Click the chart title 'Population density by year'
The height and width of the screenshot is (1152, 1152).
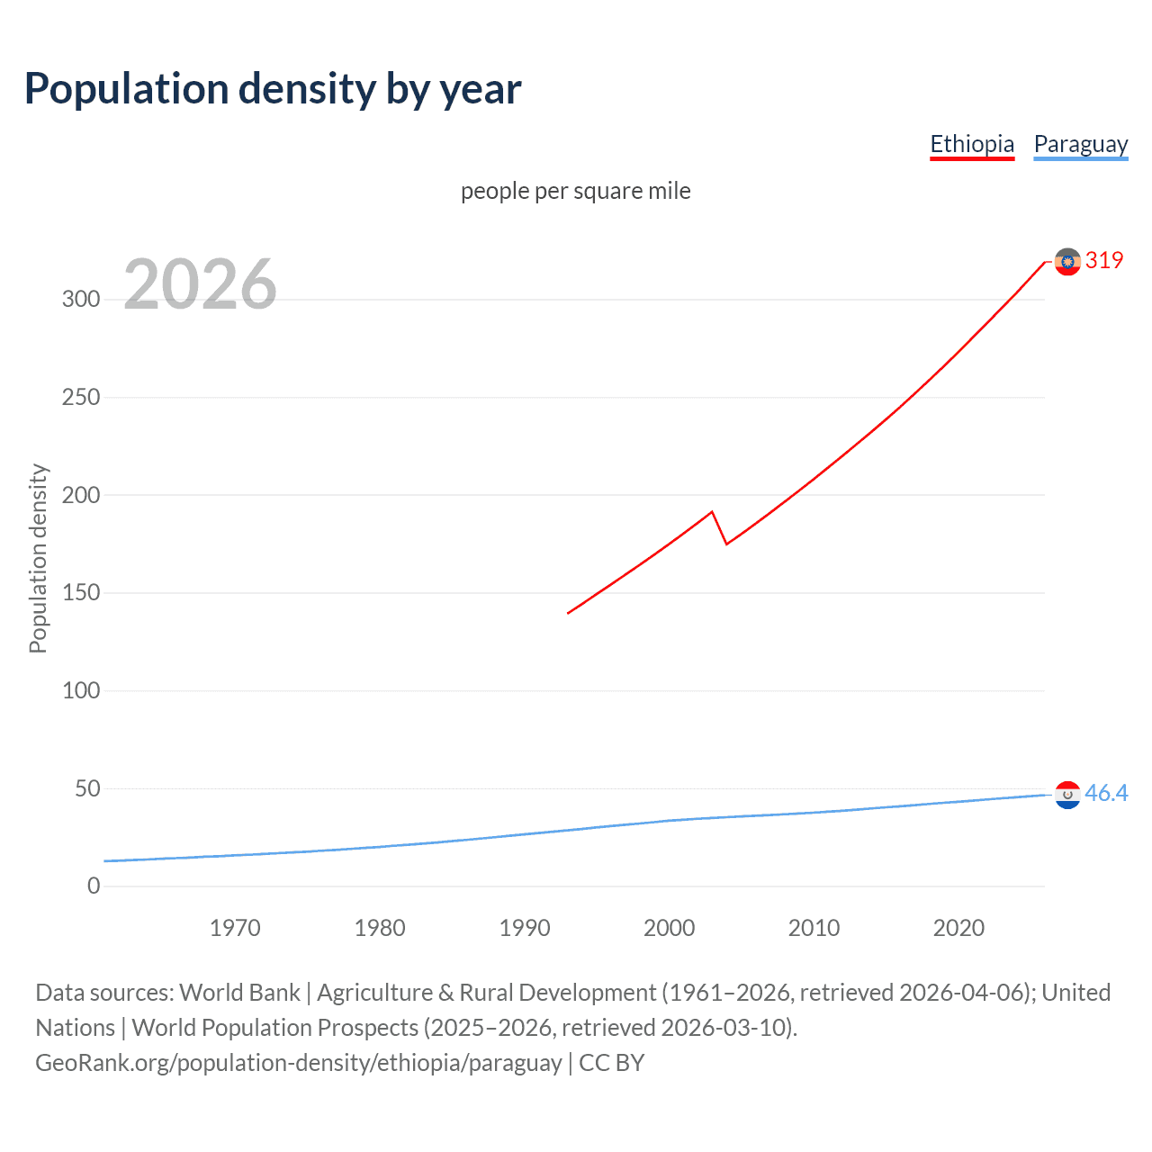tap(273, 89)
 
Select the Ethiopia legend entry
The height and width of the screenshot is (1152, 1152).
tap(971, 144)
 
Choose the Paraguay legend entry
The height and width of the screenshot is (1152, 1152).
tap(1080, 144)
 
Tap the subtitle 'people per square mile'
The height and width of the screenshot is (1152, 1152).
tap(575, 191)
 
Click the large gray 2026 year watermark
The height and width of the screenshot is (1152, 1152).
tap(200, 284)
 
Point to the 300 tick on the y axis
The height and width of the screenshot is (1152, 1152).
tap(81, 300)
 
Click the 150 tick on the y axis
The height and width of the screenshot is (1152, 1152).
tap(81, 593)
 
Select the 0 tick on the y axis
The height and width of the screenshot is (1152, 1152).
tap(94, 886)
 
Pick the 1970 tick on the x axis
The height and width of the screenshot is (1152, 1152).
tap(235, 928)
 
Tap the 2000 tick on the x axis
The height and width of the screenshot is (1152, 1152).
tap(669, 928)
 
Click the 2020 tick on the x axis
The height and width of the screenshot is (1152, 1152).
tap(958, 928)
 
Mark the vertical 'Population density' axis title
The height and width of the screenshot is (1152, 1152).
tap(38, 558)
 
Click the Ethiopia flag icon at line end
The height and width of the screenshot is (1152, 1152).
tap(1067, 262)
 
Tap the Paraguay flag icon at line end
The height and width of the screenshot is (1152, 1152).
tap(1067, 795)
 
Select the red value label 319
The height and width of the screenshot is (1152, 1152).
tap(1104, 260)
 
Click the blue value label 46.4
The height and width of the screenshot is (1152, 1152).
tap(1106, 793)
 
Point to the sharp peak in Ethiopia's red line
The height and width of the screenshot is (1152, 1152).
tap(712, 512)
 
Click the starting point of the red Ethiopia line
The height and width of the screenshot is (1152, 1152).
tap(568, 613)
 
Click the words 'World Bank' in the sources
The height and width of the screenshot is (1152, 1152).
tap(239, 993)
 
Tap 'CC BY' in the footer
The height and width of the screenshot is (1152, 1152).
tap(612, 1063)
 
